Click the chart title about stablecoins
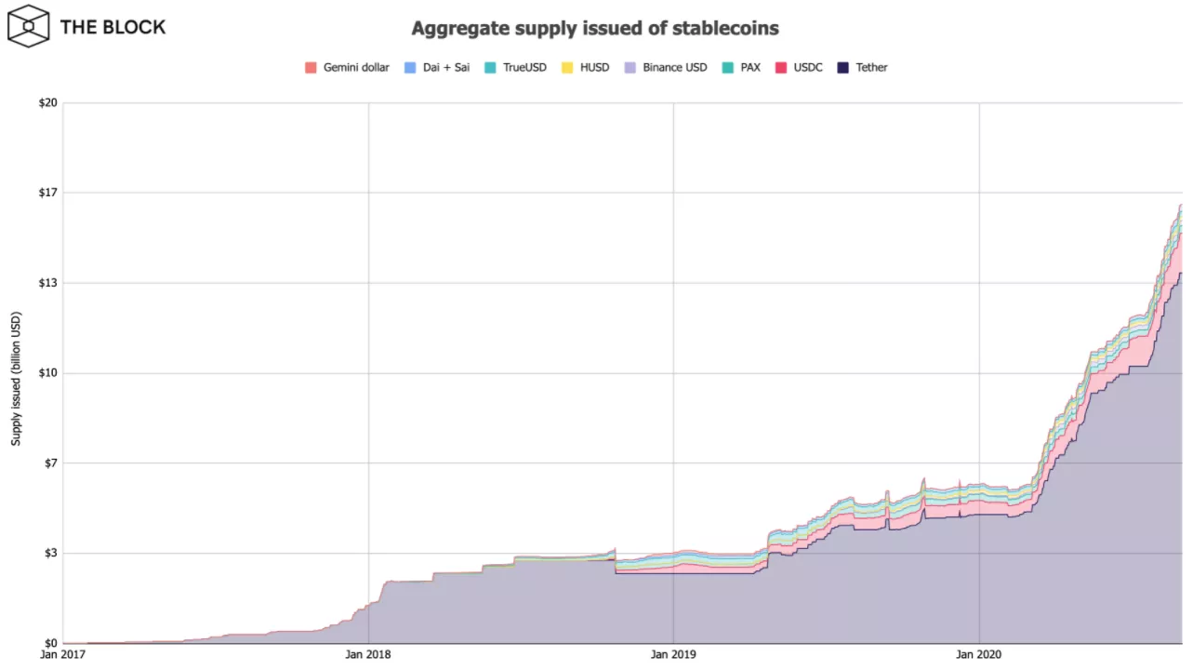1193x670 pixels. pos(596,29)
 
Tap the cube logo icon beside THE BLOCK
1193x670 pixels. pos(29,26)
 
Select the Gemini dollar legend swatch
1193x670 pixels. pos(311,68)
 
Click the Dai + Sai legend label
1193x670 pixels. pos(445,68)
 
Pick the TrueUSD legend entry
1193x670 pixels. pos(524,68)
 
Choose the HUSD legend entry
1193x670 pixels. pos(594,68)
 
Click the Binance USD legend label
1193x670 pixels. pos(674,68)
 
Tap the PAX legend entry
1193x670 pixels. pos(749,68)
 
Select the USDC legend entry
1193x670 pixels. pos(808,68)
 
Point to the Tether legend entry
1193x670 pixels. pos(871,68)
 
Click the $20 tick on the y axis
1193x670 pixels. pos(47,102)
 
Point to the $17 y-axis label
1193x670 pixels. pos(47,193)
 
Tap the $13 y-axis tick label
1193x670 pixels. pos(47,283)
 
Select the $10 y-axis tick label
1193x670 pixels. pos(47,373)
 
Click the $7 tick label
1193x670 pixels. pos(50,463)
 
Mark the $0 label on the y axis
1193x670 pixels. pos(50,644)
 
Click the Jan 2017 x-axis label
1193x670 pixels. pos(62,655)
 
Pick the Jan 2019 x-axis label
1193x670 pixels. pos(672,655)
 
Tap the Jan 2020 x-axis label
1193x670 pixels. pos(978,655)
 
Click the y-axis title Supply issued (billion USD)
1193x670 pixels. pos(16,372)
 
